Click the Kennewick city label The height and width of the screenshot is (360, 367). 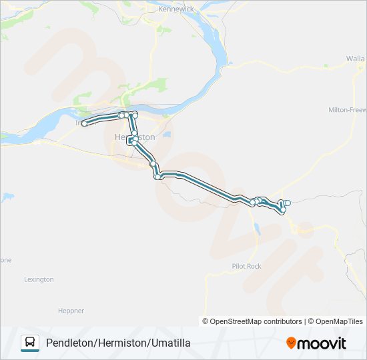pyautogui.click(x=175, y=11)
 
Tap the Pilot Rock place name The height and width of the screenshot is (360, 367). pyautogui.click(x=246, y=266)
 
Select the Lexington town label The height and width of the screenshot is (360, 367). pyautogui.click(x=39, y=279)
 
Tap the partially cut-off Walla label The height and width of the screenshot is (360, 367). pyautogui.click(x=356, y=59)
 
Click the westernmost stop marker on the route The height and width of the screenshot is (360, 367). pyautogui.click(x=85, y=123)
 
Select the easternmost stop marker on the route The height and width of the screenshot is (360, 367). pyautogui.click(x=288, y=203)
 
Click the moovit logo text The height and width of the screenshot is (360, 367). pyautogui.click(x=322, y=343)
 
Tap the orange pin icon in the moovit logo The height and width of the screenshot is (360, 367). pyautogui.click(x=292, y=343)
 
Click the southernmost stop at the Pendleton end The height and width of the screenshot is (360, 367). pyautogui.click(x=283, y=211)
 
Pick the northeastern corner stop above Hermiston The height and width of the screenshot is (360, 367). pyautogui.click(x=135, y=115)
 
